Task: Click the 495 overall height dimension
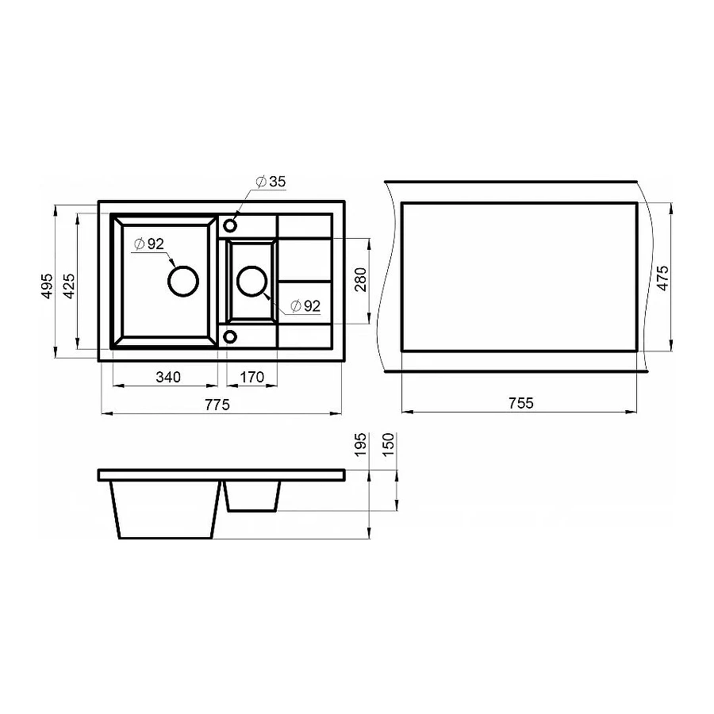(x=47, y=286)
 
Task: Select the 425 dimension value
(x=69, y=286)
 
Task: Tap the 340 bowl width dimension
(x=167, y=377)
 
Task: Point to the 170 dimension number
(x=251, y=377)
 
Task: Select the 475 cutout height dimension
(x=662, y=279)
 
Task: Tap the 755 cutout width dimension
(x=520, y=403)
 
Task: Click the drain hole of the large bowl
(x=182, y=280)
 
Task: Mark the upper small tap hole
(x=230, y=225)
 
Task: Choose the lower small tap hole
(x=230, y=336)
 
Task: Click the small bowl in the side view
(x=252, y=497)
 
